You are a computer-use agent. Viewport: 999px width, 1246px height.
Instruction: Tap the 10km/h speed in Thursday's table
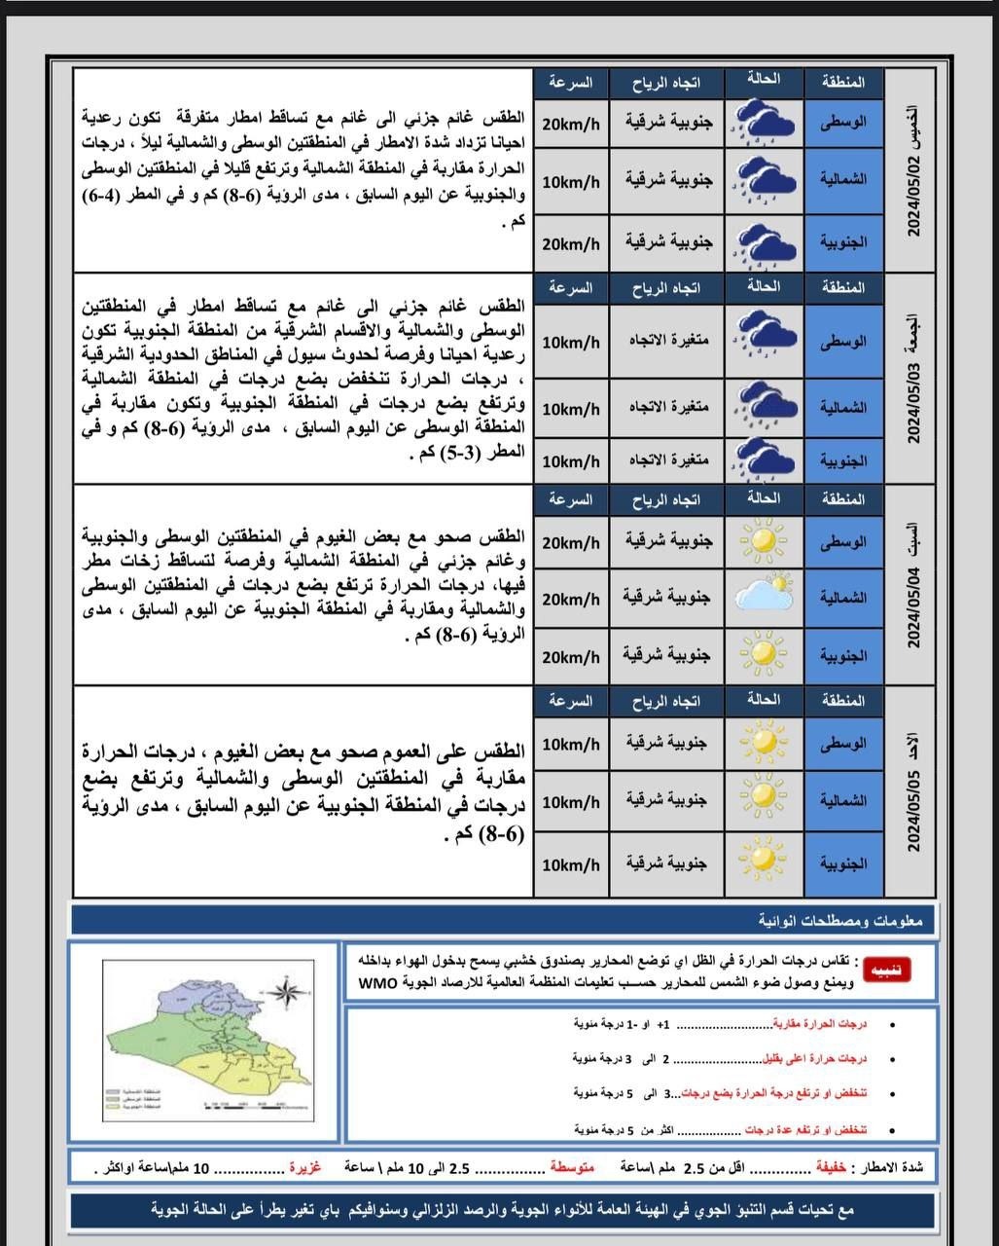(x=571, y=182)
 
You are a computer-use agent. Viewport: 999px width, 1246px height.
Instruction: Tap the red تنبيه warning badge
(x=890, y=971)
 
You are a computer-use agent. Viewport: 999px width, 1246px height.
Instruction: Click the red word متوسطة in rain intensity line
(x=572, y=1166)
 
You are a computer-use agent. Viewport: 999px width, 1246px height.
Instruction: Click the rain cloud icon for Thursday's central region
(x=764, y=123)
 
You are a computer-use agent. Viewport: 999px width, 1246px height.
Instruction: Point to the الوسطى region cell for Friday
(x=843, y=343)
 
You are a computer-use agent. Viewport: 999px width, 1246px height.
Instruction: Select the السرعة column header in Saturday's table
(x=570, y=499)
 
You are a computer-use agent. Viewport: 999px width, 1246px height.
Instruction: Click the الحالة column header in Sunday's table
(x=764, y=699)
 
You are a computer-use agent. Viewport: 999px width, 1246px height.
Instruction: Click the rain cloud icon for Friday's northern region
(x=764, y=404)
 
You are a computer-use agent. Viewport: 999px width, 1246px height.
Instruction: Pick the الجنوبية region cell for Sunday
(x=843, y=863)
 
